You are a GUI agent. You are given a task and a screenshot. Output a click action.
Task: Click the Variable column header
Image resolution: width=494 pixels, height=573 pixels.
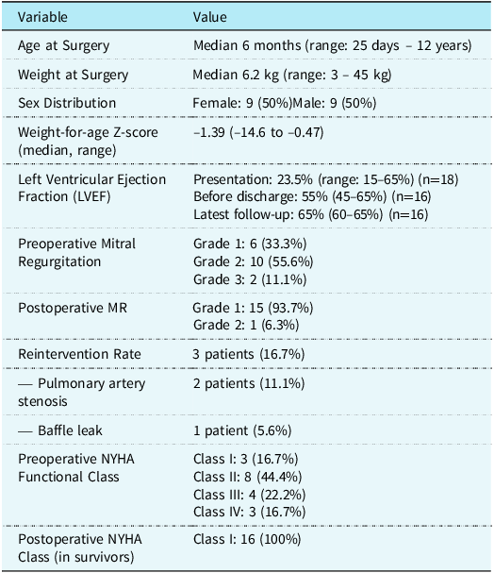[42, 17]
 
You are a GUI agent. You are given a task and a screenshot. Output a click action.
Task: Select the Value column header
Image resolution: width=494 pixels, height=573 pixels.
[210, 17]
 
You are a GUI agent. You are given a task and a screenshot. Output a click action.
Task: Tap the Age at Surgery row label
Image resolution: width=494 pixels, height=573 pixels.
[63, 46]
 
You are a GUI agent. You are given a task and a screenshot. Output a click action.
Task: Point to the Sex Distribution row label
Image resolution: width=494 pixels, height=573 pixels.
[67, 103]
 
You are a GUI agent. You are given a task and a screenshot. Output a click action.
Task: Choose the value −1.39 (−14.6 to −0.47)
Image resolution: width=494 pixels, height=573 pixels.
[258, 132]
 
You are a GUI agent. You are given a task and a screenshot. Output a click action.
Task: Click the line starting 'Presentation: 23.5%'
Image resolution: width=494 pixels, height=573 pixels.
[326, 179]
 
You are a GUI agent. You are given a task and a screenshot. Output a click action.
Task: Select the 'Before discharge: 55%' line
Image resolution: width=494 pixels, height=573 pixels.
[312, 196]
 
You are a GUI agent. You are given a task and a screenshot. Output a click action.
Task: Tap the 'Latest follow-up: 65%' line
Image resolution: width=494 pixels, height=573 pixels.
[310, 214]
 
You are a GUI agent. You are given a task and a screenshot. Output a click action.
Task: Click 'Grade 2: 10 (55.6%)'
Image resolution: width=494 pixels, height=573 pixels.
[254, 261]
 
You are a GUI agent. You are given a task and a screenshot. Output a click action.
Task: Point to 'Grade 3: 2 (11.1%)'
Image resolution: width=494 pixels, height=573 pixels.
[250, 279]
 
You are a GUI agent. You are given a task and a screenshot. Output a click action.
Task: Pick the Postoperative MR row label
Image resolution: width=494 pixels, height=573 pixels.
[73, 308]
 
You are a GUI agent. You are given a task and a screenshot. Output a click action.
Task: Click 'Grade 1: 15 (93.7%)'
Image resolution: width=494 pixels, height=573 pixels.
[253, 308]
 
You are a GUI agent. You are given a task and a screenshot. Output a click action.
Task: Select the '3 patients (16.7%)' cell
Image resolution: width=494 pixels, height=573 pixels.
[249, 354]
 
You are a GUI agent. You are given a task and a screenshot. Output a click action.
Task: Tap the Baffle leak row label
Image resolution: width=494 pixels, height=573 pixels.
[60, 430]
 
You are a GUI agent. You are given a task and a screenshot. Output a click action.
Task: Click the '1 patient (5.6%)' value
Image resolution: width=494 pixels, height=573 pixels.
[242, 430]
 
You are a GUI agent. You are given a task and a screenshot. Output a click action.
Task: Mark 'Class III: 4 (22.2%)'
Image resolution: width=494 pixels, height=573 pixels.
[249, 495]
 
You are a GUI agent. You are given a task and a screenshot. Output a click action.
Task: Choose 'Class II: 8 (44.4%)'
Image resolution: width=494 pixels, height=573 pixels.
[247, 477]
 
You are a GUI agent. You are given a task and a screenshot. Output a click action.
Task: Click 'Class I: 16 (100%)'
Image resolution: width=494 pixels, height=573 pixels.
[247, 539]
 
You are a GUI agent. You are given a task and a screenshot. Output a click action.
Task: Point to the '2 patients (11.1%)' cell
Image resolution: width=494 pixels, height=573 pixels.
[249, 383]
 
